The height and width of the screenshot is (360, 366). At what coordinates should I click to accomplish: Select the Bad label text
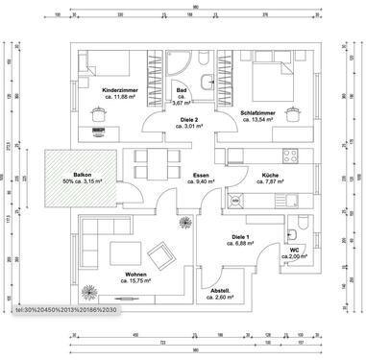click(x=181, y=89)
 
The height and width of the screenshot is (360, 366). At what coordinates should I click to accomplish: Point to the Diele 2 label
click(x=189, y=118)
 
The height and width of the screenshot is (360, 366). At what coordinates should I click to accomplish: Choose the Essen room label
click(x=201, y=174)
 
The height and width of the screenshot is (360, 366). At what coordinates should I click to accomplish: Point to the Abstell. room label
click(x=219, y=291)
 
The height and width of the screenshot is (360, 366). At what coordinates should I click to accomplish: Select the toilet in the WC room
click(x=300, y=226)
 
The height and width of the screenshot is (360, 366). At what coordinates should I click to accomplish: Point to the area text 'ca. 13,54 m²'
click(x=249, y=121)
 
